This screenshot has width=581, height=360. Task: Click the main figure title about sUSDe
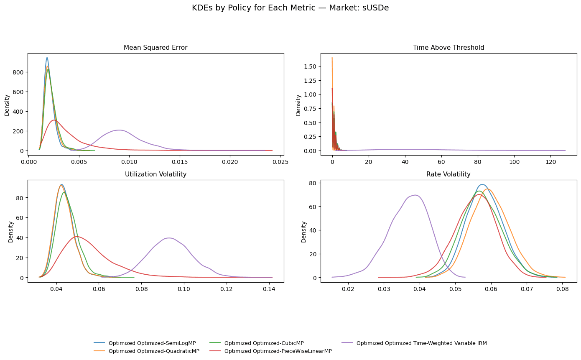pos(290,8)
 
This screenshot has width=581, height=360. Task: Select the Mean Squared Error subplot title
pos(155,48)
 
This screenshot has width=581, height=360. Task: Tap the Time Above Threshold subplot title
pos(448,48)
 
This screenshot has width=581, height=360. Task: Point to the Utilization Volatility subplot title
pos(155,174)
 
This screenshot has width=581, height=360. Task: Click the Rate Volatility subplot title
pos(448,174)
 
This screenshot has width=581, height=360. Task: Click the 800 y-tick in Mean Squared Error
pos(18,72)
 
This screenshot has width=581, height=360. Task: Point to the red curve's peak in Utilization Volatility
pos(77,237)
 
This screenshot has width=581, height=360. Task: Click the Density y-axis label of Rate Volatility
pos(304,231)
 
